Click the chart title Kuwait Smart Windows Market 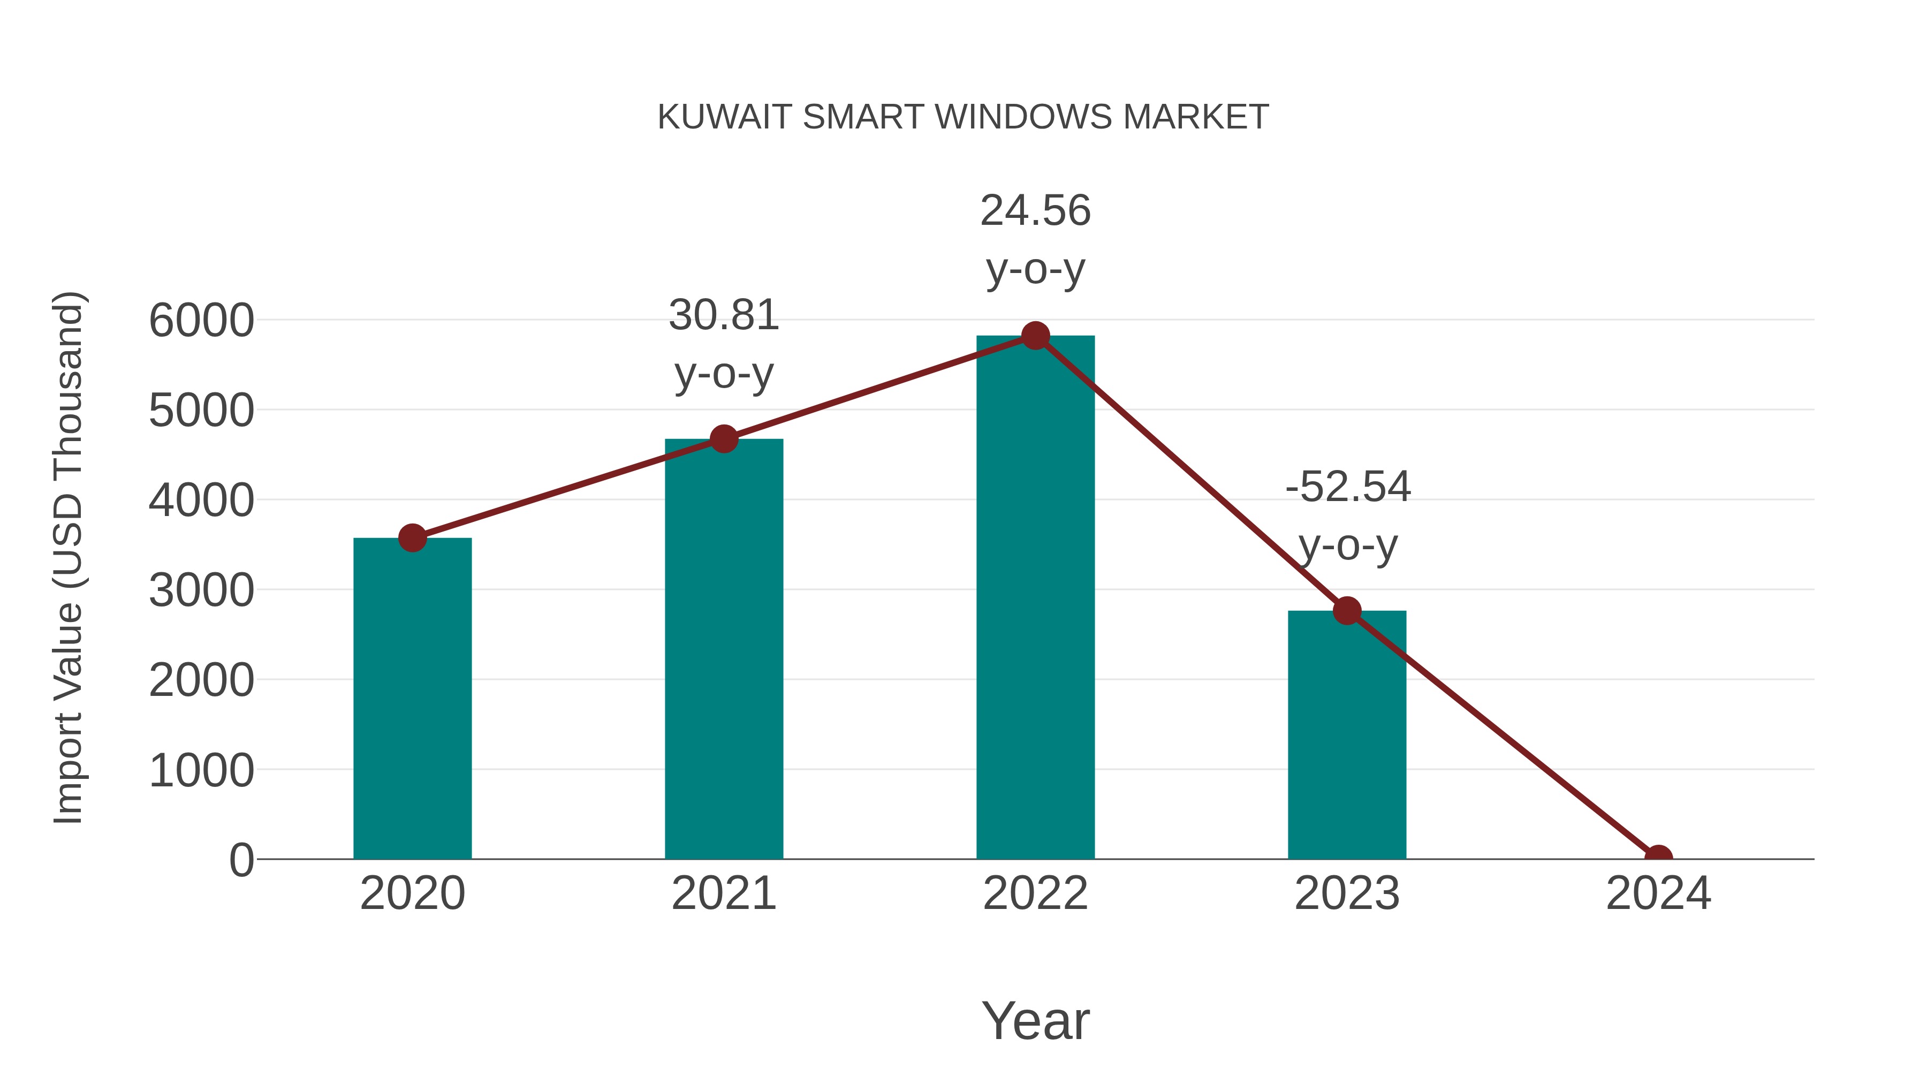point(963,117)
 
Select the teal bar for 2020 point(412,700)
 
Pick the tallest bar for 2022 point(1035,598)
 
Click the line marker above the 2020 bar point(412,538)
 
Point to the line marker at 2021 point(723,439)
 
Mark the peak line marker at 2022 point(1035,336)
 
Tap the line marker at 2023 point(1347,611)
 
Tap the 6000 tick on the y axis point(201,321)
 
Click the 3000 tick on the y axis point(201,591)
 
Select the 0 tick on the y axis point(241,860)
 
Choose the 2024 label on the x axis point(1658,894)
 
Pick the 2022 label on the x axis point(1035,894)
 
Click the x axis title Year point(1035,1021)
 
